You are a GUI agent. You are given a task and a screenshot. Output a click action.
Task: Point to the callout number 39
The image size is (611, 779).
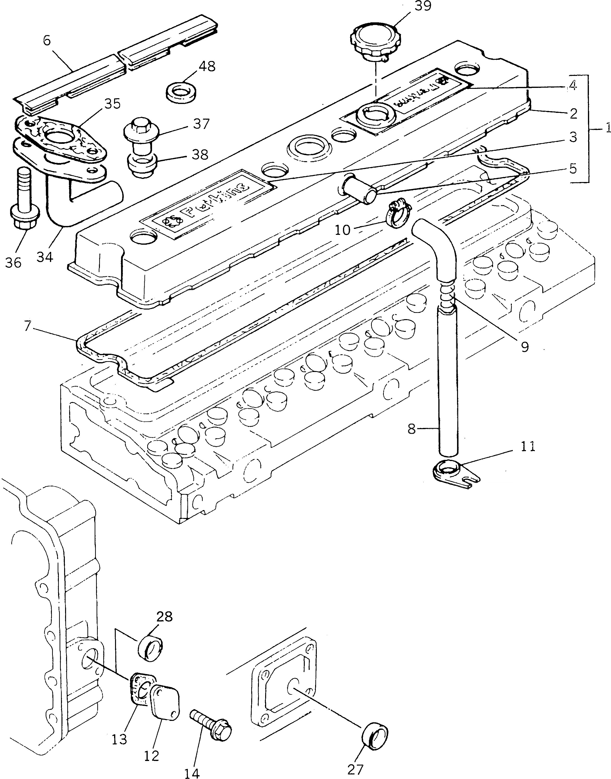click(423, 6)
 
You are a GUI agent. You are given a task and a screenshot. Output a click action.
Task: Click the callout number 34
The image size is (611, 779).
click(45, 257)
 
